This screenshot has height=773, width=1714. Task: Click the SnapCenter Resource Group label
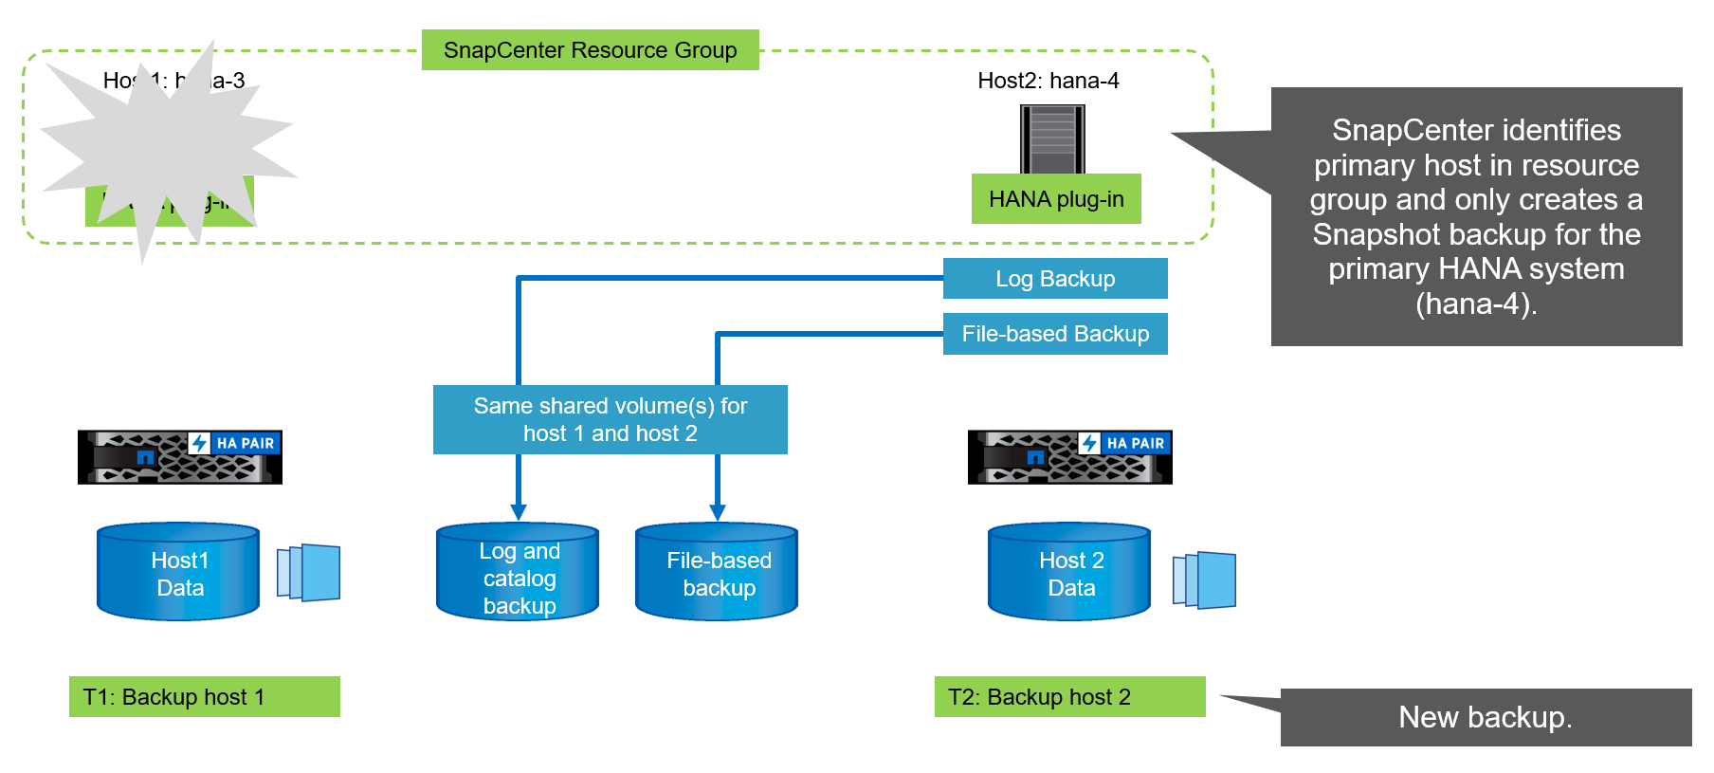[590, 50]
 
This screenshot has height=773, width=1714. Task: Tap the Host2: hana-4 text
[1048, 81]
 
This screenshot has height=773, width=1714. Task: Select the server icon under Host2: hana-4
[1052, 138]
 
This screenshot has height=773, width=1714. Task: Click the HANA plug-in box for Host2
[1056, 199]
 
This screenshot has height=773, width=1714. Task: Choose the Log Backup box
[1055, 279]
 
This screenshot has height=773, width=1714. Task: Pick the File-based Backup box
[1055, 334]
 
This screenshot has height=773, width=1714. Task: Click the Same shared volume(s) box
[610, 419]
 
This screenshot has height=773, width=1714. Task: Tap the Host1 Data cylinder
[178, 573]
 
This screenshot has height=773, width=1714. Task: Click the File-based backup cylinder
[717, 573]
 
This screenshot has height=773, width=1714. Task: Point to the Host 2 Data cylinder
[1069, 573]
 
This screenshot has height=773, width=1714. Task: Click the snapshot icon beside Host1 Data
[309, 572]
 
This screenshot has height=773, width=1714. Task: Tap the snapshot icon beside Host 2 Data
[1205, 580]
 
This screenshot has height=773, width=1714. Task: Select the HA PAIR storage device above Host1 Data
[180, 457]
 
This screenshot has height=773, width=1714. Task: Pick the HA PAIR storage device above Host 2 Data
[1070, 457]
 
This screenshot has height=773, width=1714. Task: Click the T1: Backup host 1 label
[205, 697]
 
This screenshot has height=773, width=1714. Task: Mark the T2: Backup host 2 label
[1069, 697]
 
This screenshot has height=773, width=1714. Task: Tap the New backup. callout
[1486, 718]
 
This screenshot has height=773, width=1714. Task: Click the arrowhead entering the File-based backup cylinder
[718, 512]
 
